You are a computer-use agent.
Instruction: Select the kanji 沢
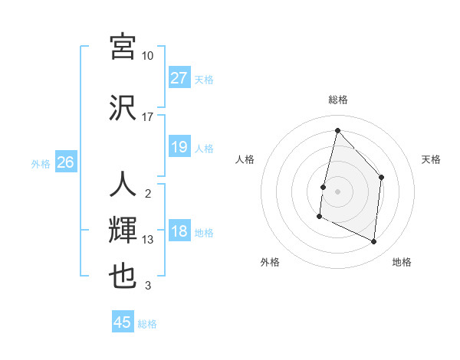coord(123,107)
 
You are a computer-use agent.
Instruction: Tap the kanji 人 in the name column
coord(123,184)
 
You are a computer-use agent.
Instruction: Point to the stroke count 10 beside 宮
coord(148,56)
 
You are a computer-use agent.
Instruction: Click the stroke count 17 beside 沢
coord(148,117)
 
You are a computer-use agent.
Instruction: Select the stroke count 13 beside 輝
coord(148,240)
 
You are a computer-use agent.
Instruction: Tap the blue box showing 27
coord(179,78)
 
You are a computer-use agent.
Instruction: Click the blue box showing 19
coord(179,147)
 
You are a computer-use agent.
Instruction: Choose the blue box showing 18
coord(179,232)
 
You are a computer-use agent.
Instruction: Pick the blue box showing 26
coord(65,162)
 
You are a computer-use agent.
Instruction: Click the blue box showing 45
coord(123,322)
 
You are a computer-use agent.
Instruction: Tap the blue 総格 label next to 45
coord(147,323)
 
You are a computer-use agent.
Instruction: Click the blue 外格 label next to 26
coord(41,163)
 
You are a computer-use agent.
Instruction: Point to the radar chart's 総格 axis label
coord(337,100)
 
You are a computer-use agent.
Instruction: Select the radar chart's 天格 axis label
coord(431,159)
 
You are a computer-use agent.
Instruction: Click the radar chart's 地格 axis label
coord(402,262)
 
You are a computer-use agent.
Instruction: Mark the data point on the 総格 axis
coord(337,130)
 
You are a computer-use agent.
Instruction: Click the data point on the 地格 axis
coord(374,242)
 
